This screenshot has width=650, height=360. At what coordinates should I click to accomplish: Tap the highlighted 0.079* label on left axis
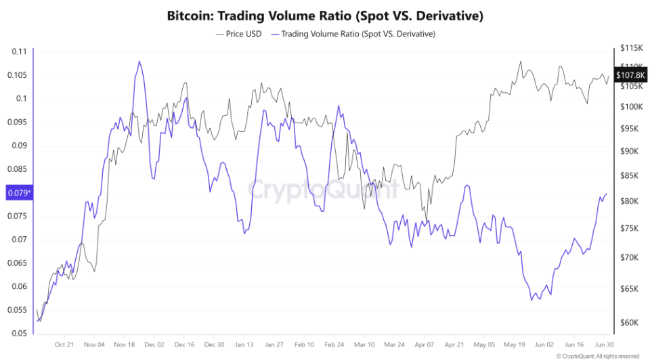(18, 194)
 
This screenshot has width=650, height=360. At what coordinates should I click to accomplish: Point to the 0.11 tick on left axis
(19, 51)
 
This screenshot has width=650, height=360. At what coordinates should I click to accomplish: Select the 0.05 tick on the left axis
(19, 333)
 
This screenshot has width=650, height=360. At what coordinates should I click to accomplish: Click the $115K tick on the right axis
(630, 48)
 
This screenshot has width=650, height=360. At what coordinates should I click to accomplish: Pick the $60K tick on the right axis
(630, 322)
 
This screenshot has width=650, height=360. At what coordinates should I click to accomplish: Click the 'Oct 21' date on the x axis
(64, 344)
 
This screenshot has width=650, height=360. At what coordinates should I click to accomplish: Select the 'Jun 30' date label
(605, 344)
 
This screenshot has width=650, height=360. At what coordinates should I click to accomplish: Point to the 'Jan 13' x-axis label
(244, 344)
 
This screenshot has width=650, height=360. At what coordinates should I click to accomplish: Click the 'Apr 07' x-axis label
(424, 344)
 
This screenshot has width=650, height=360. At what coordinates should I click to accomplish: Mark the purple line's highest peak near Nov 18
(139, 62)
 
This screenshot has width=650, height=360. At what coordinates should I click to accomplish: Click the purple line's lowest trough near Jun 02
(540, 300)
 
